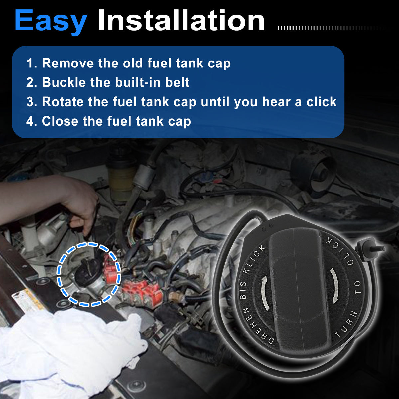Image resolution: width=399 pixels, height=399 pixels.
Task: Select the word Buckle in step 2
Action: (64, 82)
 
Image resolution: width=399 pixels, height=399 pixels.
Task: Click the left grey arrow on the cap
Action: (264, 293)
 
